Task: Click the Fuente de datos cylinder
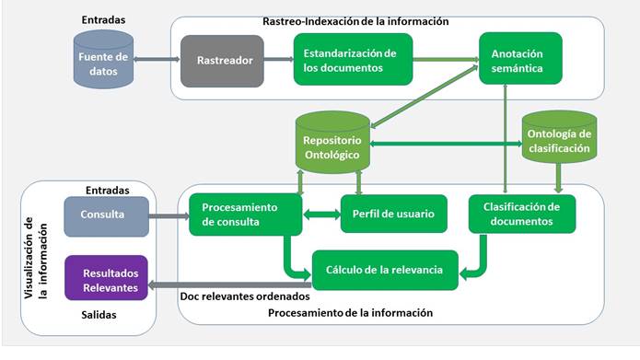point(101,61)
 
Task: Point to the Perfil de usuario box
point(393,214)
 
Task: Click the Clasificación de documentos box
point(521,214)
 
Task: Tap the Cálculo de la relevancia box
point(384,270)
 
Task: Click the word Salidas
point(104,316)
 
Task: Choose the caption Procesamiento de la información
point(350,313)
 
